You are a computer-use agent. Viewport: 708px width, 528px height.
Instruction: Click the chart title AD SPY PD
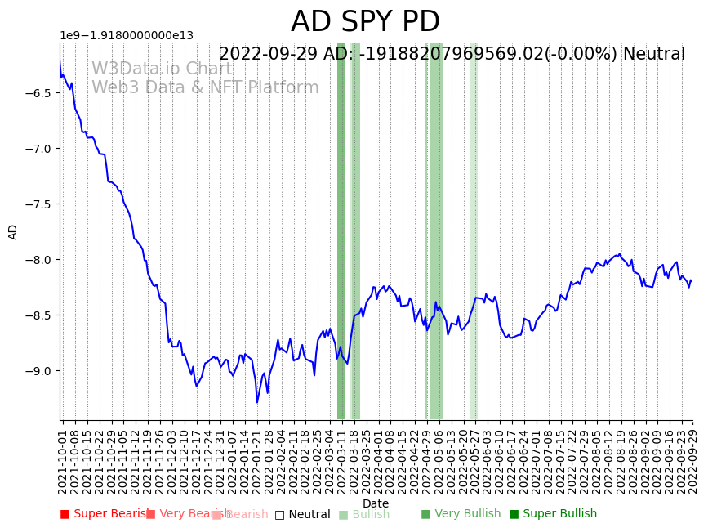click(365, 22)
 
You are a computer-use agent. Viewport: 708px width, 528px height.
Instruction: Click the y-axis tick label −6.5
click(39, 93)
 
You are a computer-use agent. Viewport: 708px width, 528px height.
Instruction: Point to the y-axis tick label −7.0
click(39, 149)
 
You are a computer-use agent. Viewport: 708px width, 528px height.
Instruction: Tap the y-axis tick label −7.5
click(39, 204)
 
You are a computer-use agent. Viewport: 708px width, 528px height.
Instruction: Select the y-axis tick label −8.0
click(39, 260)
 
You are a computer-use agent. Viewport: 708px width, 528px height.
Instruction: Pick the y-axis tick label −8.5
click(39, 315)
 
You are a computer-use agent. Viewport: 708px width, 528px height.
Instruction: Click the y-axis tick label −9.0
click(39, 371)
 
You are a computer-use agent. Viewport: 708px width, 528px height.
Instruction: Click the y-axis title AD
click(13, 231)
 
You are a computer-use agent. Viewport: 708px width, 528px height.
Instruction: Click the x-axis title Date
click(376, 503)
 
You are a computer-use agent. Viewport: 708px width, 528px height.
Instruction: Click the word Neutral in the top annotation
click(653, 55)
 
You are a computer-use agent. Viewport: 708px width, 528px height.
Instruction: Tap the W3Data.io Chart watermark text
click(162, 69)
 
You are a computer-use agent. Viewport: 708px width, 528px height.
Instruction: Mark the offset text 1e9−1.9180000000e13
click(127, 35)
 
